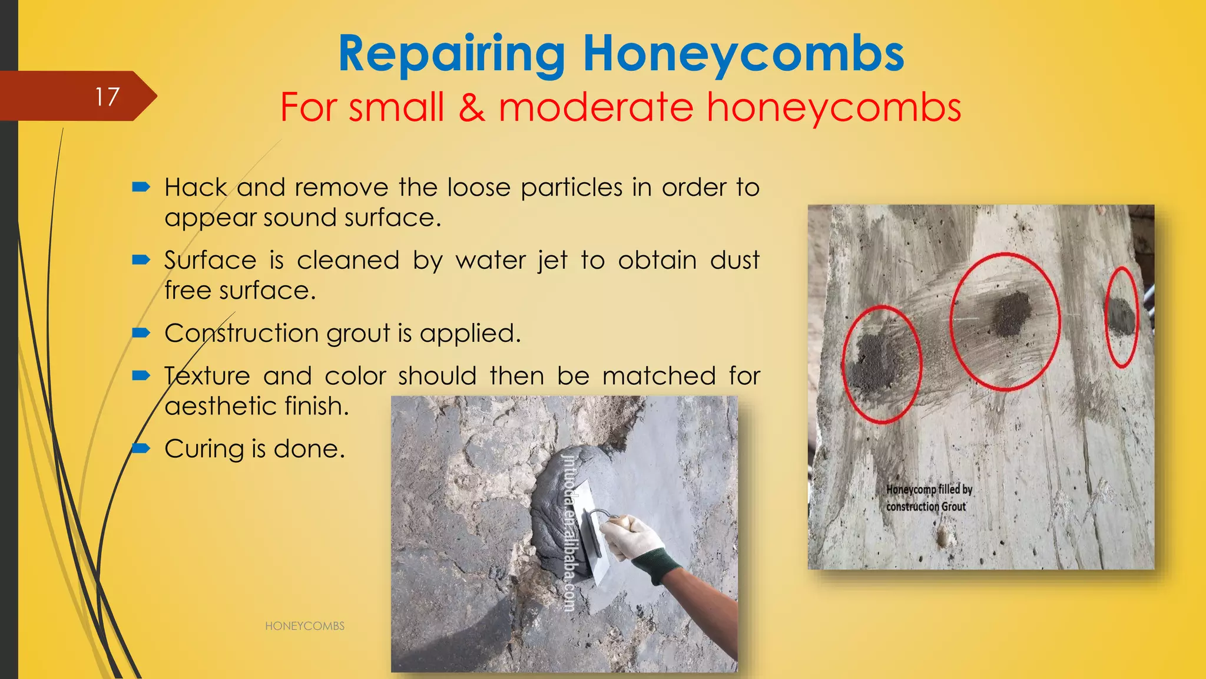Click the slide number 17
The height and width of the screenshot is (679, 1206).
107,97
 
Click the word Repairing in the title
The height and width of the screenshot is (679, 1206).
452,54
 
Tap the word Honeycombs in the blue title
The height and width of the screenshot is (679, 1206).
743,54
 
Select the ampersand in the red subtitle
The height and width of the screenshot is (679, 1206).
472,107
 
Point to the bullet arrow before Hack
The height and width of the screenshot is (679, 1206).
141,187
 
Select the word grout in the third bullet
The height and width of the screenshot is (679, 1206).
357,334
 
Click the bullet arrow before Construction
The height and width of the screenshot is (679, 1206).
141,334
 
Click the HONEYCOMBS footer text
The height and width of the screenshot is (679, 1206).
304,626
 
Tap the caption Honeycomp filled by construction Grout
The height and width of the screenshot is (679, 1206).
928,498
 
